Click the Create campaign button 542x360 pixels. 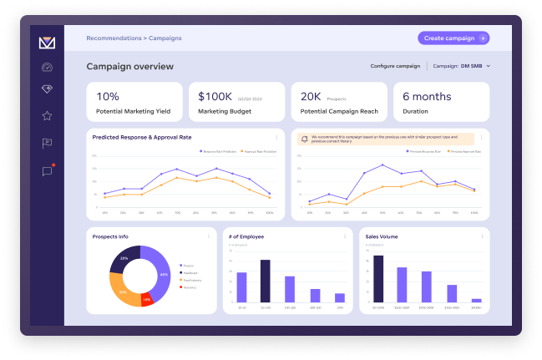[453, 38]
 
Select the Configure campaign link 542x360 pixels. [395, 65]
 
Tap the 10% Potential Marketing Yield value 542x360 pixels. [108, 97]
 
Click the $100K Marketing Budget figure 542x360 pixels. [214, 97]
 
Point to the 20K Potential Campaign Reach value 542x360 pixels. [311, 97]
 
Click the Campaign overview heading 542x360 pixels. [129, 66]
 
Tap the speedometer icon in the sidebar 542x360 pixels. [47, 67]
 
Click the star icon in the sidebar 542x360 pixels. [47, 115]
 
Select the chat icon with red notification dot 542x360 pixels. [47, 171]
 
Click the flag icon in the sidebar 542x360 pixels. [47, 143]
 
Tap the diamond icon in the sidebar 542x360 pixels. [47, 89]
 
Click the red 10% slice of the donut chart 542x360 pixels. [147, 298]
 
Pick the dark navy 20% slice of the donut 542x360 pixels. [124, 261]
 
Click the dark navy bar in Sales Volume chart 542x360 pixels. [378, 278]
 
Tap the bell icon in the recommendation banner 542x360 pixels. [304, 139]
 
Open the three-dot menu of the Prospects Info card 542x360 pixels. [208, 236]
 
